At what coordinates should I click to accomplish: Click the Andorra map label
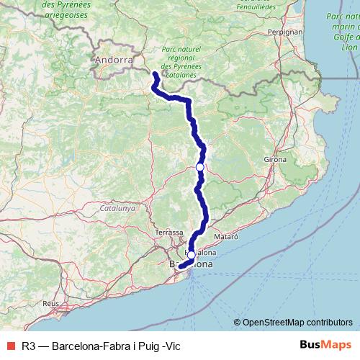(x=114, y=60)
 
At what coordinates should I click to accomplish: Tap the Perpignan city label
(x=284, y=32)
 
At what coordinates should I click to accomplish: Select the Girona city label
(x=275, y=158)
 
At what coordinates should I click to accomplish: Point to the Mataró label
(x=225, y=235)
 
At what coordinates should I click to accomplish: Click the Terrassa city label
(x=170, y=233)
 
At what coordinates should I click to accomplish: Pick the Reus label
(x=50, y=304)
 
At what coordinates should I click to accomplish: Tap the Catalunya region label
(x=117, y=208)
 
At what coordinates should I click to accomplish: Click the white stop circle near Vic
(x=199, y=167)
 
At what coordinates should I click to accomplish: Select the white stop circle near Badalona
(x=190, y=254)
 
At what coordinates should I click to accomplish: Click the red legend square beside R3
(x=9, y=346)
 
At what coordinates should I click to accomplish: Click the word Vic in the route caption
(x=173, y=346)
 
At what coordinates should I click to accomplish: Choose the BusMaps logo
(x=326, y=346)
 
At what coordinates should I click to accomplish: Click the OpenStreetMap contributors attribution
(x=297, y=323)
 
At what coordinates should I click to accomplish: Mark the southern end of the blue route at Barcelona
(x=180, y=268)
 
